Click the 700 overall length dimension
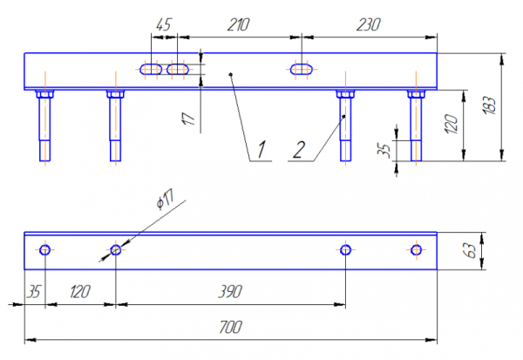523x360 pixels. click(229, 328)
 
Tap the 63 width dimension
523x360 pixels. click(470, 251)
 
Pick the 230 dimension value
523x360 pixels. click(369, 25)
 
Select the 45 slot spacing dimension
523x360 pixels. click(163, 25)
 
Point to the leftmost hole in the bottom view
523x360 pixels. click(45, 250)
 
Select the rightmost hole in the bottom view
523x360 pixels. click(416, 250)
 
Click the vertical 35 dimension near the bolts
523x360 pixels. click(384, 150)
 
